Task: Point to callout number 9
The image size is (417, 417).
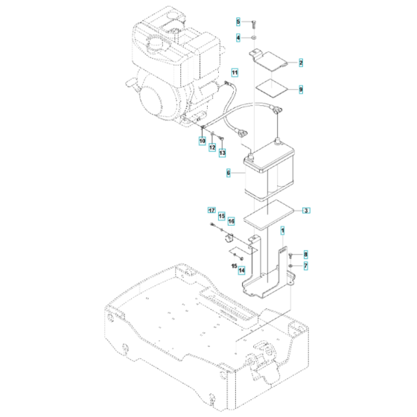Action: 302,89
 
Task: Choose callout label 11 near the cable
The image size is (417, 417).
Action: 234,72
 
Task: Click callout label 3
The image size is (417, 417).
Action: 305,211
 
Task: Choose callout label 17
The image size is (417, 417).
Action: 211,211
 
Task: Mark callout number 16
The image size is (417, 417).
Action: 231,221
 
